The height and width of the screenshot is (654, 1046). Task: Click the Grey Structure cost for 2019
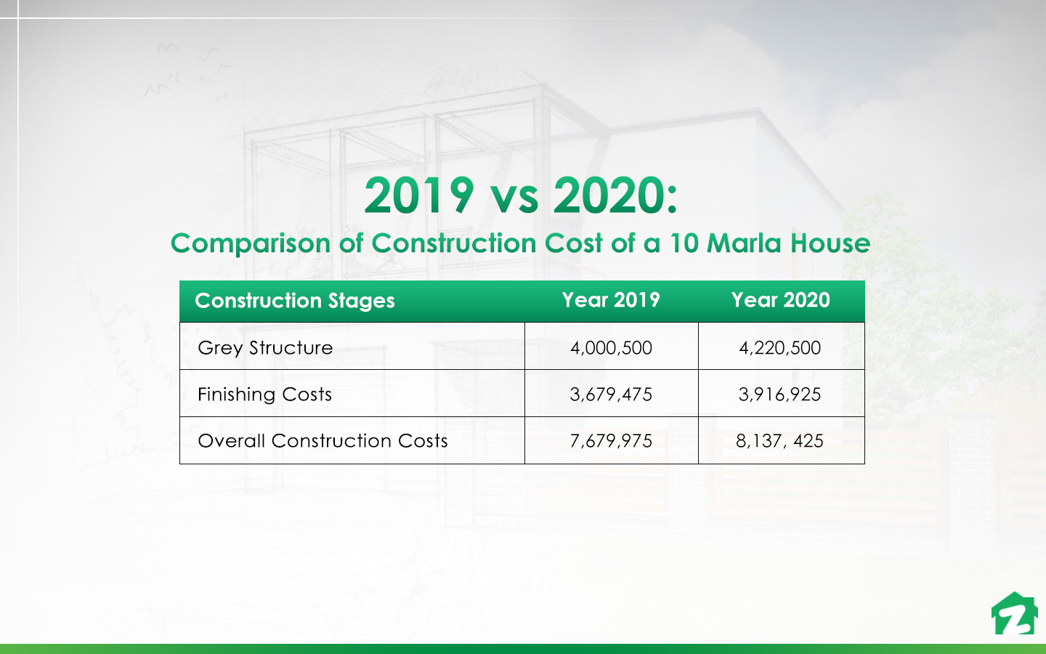click(611, 348)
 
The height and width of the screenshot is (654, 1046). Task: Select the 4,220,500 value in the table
click(779, 348)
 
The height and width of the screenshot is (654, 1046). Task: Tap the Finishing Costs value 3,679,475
click(611, 395)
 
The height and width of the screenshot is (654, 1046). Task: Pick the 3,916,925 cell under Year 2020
click(779, 395)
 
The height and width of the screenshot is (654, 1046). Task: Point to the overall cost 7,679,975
click(611, 441)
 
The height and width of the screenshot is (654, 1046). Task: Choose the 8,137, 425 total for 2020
click(779, 441)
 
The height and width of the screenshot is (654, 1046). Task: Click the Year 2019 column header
click(611, 300)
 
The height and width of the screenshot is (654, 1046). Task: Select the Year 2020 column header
click(780, 300)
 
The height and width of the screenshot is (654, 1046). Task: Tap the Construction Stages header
click(295, 301)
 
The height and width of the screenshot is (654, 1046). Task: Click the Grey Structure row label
click(265, 348)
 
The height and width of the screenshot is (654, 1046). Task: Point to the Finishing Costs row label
click(264, 395)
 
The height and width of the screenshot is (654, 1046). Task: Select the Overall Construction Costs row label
click(323, 441)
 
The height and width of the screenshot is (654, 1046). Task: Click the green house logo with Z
click(1014, 614)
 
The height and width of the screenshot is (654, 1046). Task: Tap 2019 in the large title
click(419, 195)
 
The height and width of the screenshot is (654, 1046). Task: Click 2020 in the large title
click(609, 195)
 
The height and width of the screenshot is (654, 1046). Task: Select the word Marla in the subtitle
click(745, 243)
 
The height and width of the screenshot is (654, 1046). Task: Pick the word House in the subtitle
click(830, 243)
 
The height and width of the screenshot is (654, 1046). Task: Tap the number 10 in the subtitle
click(684, 243)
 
